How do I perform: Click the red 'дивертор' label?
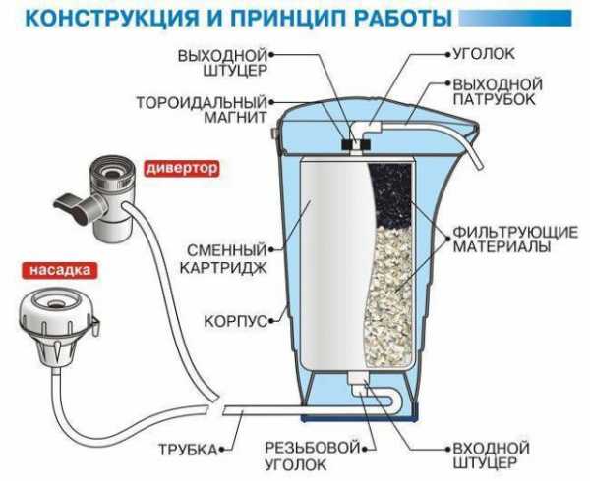tap(182, 168)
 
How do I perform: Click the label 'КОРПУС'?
tap(237, 320)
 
